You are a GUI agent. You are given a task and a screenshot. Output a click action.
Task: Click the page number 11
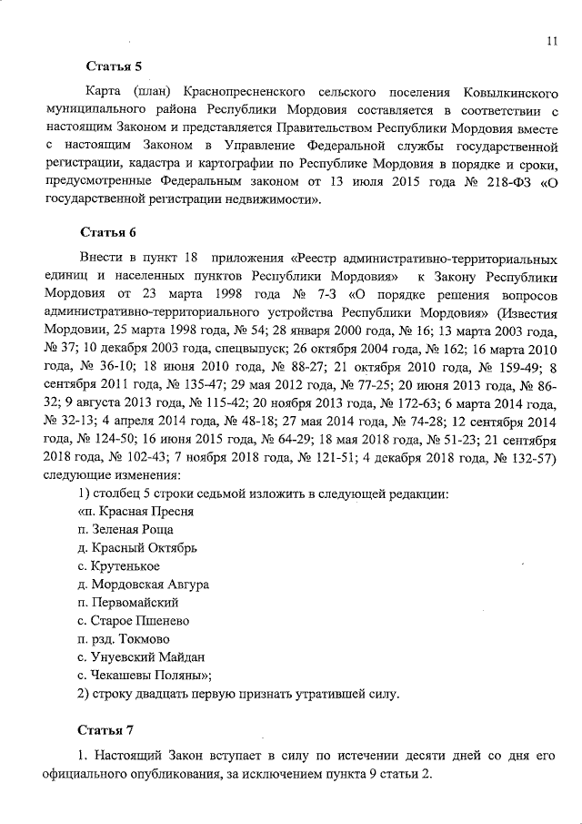pyautogui.click(x=552, y=41)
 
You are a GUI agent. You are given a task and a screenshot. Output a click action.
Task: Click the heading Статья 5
pyautogui.click(x=114, y=66)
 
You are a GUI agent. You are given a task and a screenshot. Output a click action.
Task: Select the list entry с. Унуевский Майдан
pyautogui.click(x=141, y=656)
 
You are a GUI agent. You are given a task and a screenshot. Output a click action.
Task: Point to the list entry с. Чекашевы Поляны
pyautogui.click(x=145, y=675)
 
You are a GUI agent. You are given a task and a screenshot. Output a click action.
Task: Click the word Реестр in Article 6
pyautogui.click(x=319, y=260)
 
